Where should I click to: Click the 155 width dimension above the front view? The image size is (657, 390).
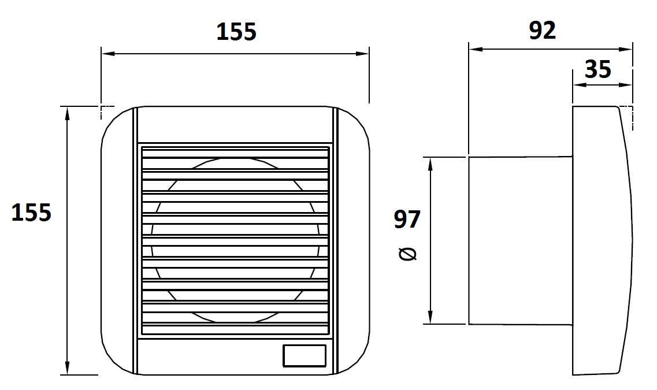point(236,32)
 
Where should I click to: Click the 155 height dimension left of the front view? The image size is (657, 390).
point(31,212)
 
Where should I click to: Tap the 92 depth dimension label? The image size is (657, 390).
point(542,30)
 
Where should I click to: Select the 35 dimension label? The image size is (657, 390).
point(598,69)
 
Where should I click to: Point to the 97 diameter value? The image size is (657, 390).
point(407,219)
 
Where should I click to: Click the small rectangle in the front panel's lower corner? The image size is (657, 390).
point(305,356)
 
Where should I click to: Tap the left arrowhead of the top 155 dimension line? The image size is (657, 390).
point(108,54)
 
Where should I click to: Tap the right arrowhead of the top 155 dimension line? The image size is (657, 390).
point(362,54)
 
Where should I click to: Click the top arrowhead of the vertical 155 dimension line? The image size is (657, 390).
point(67,113)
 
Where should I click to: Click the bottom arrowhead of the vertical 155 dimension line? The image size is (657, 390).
point(67,368)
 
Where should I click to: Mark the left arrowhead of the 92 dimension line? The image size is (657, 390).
point(476,50)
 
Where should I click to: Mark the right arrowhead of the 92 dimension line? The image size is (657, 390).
point(625,50)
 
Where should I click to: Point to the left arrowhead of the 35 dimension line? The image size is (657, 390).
point(580,85)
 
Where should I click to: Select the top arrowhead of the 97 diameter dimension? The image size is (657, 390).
point(430,164)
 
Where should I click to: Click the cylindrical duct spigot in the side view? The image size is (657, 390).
point(521,240)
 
